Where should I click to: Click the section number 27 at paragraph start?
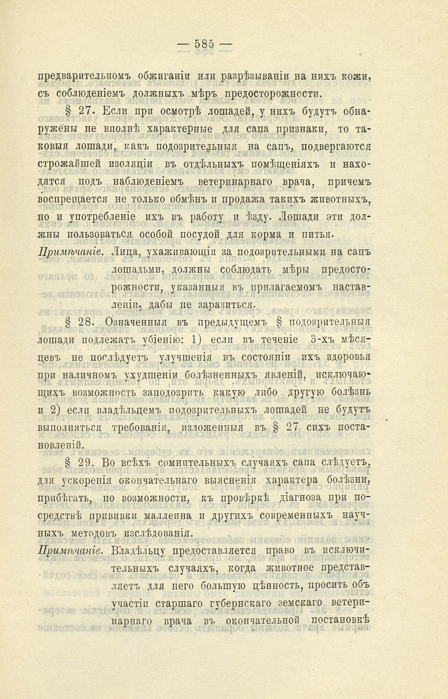pyautogui.click(x=86, y=112)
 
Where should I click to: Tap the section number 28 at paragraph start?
pyautogui.click(x=86, y=321)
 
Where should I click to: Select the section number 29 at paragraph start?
pyautogui.click(x=86, y=463)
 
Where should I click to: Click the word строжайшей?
pyautogui.click(x=70, y=164)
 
